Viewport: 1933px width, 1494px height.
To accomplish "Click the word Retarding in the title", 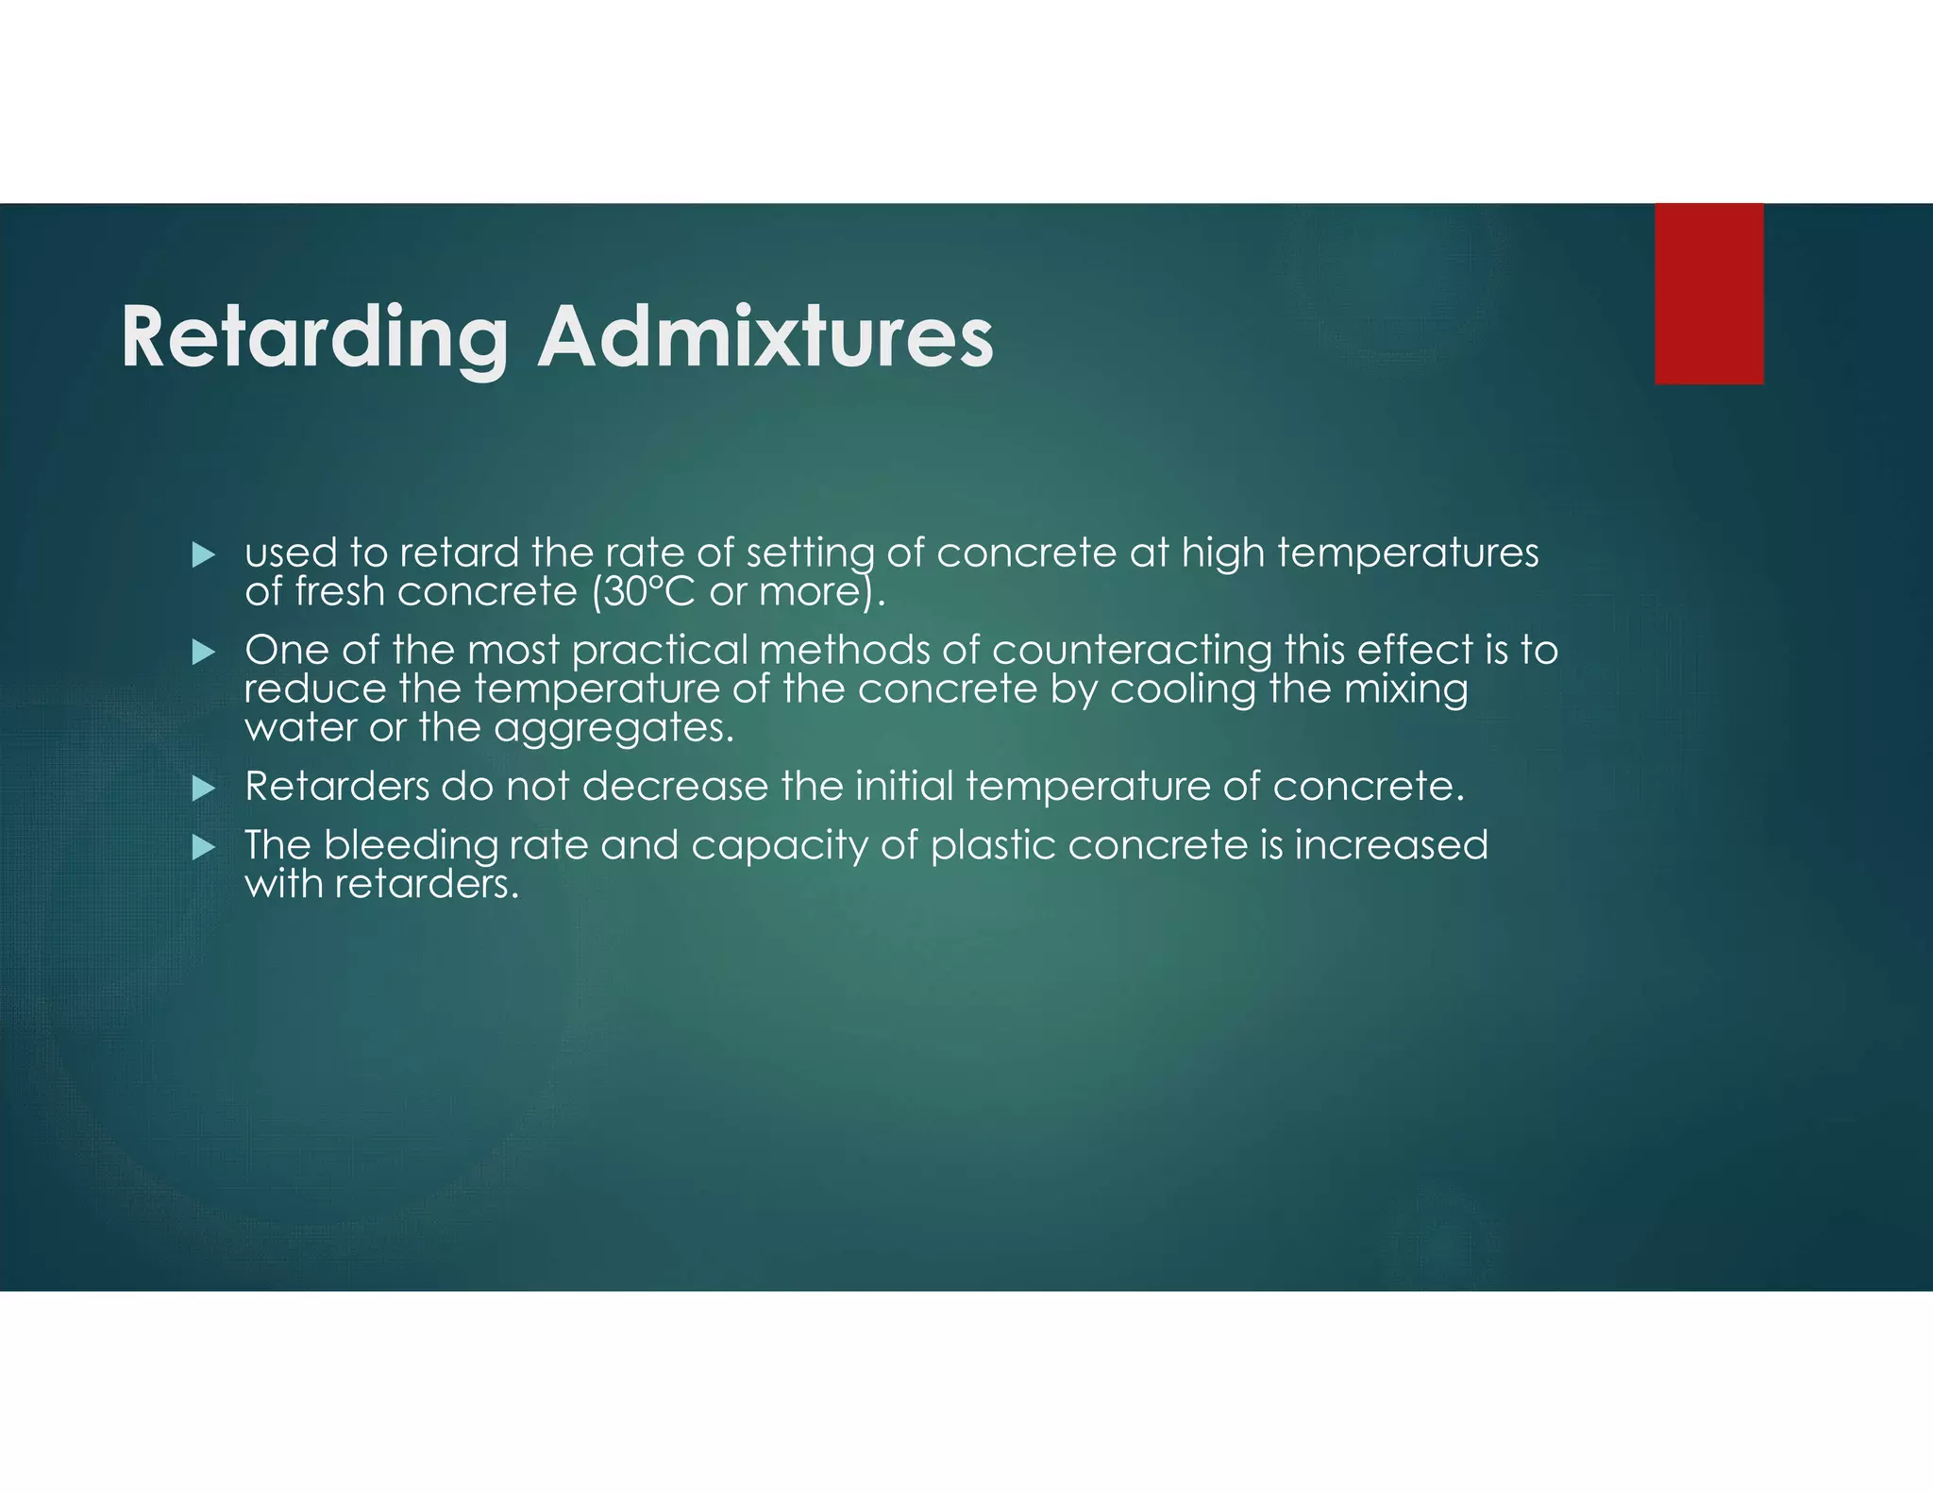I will [314, 338].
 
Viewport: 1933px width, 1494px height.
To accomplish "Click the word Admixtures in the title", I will [765, 338].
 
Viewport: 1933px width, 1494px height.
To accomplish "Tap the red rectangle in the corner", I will [1708, 294].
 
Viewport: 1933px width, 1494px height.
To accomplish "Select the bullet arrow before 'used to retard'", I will [203, 555].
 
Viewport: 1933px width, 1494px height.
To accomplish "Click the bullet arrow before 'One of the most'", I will [203, 652].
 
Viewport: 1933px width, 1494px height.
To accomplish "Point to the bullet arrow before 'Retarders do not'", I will [203, 789].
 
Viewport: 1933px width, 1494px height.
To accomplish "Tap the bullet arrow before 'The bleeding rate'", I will [203, 847].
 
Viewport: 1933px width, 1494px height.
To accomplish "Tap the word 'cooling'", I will [1183, 689].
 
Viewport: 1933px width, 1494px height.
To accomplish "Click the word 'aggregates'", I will [613, 728].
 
